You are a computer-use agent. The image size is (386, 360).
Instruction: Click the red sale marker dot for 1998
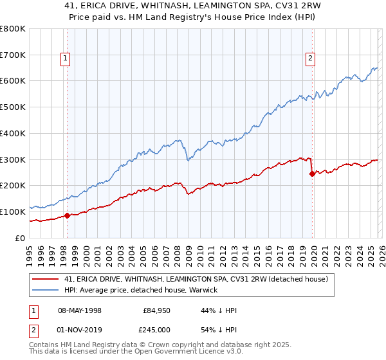pos(67,215)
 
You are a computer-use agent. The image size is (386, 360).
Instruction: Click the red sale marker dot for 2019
pos(312,174)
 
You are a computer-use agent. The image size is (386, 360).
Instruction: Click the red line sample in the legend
pos(46,279)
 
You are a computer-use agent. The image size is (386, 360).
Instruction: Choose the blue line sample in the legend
pos(46,290)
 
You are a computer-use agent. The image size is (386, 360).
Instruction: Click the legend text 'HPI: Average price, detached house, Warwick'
pos(141,290)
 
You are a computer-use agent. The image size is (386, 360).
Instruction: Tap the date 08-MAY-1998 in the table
pos(80,310)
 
